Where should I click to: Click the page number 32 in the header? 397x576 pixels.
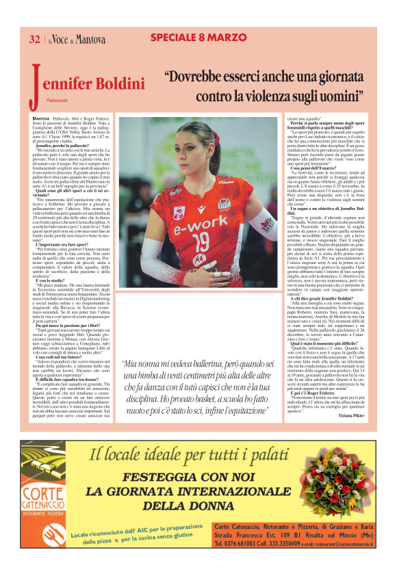34,39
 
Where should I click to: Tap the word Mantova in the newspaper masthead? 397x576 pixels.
90,40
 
